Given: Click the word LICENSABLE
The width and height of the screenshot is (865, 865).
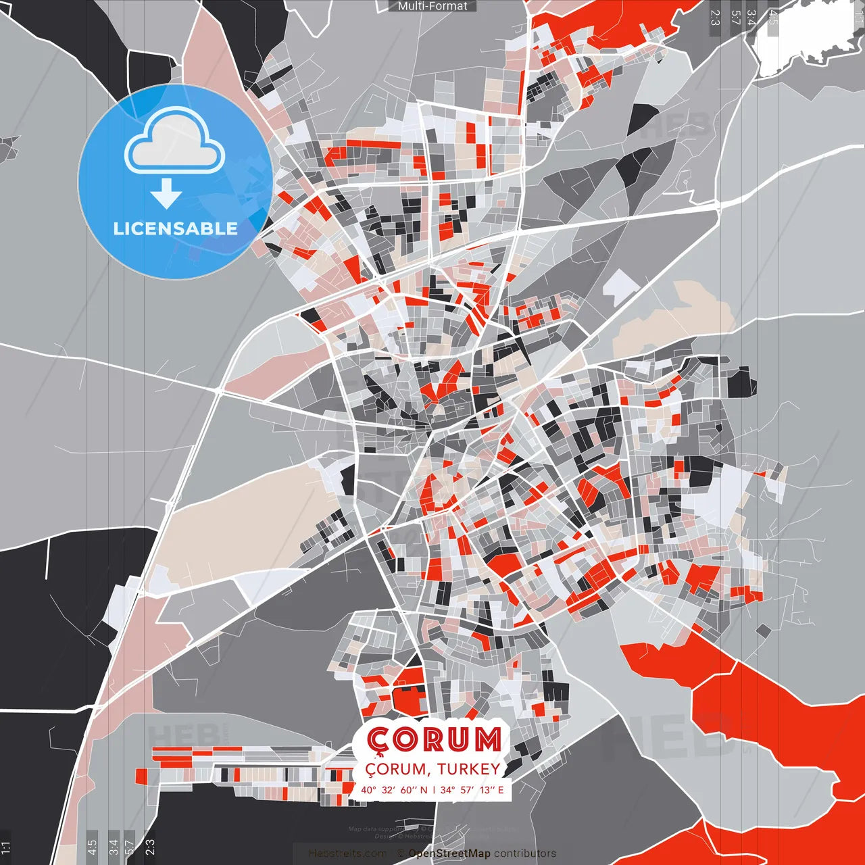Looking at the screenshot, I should [175, 228].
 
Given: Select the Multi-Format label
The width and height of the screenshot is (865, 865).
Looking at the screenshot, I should [432, 6].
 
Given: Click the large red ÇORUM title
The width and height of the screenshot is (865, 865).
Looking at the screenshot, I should [433, 740].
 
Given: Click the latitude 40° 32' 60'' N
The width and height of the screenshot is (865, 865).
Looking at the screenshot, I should [394, 789].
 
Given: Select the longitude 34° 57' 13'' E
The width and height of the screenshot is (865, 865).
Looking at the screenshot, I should [472, 789].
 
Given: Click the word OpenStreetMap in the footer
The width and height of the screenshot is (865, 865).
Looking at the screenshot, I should [449, 854].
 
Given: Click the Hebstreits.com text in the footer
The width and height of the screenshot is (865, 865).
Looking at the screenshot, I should [348, 854].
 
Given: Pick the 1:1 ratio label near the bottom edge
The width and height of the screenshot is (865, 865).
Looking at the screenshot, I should [5, 847].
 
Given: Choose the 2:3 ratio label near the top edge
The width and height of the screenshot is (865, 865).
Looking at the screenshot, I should [715, 18].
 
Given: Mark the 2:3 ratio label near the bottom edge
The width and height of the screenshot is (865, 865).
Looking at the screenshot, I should [149, 847].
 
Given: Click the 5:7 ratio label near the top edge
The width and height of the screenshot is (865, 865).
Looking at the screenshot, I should [735, 18].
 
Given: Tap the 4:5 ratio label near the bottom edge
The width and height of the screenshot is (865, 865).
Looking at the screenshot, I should [92, 847].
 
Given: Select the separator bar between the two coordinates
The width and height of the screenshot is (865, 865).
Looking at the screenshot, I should [433, 789].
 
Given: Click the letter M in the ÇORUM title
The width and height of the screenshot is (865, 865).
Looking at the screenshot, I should [487, 740].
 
